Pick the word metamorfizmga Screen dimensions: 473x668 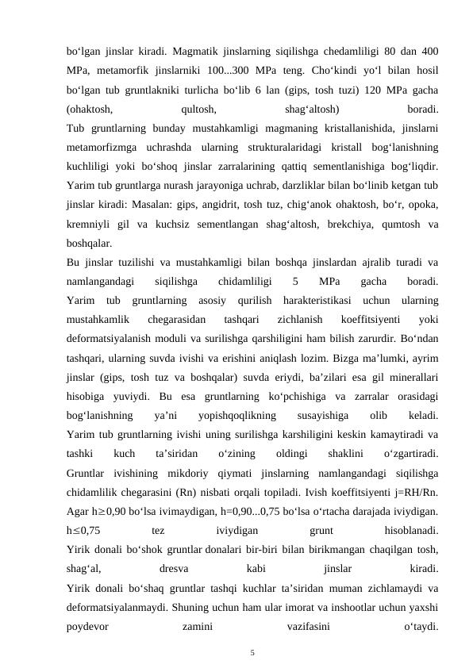tap(102, 148)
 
